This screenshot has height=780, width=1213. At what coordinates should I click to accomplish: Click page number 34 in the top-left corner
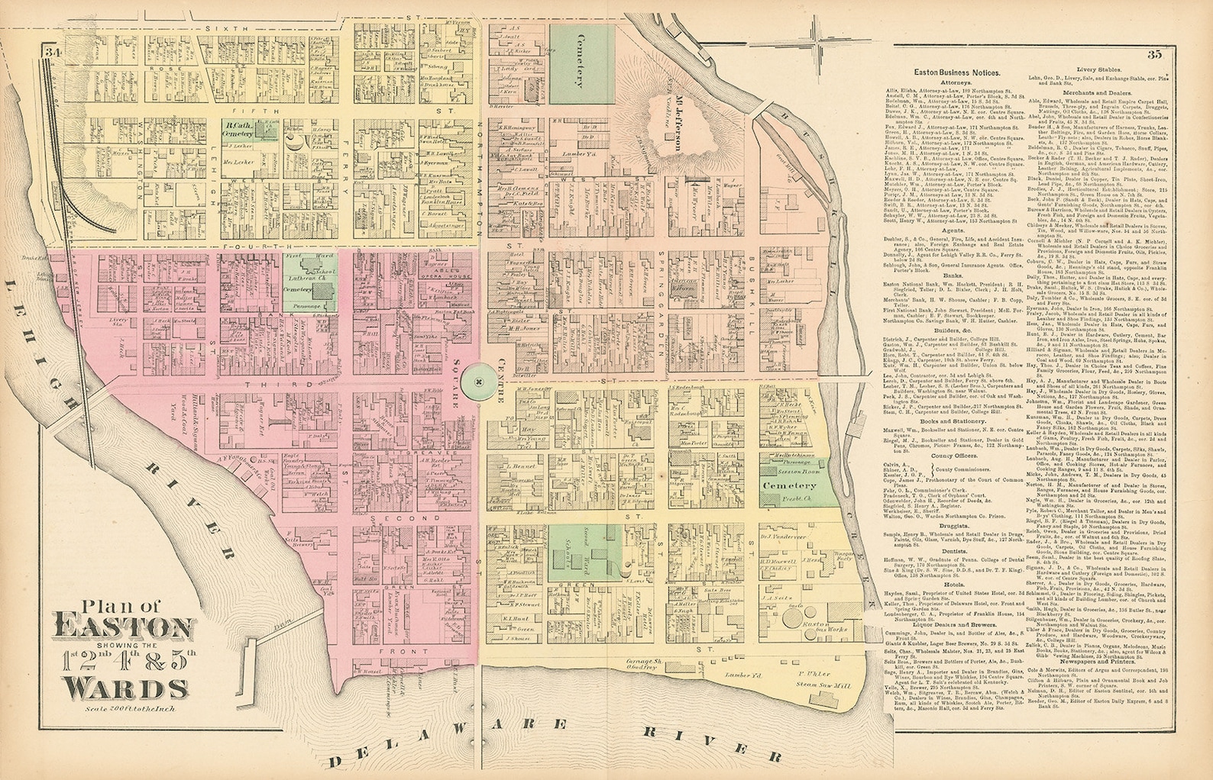coord(53,53)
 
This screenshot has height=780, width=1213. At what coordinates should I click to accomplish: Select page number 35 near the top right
coord(1154,54)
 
